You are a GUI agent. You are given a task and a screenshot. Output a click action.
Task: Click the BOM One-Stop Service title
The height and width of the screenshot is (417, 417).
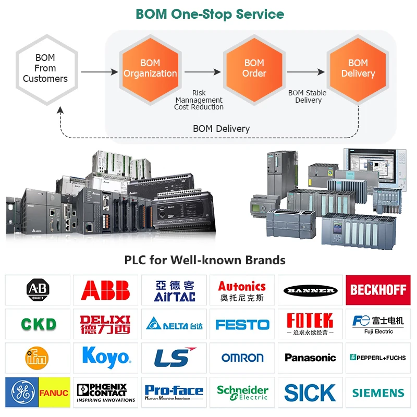click(210, 14)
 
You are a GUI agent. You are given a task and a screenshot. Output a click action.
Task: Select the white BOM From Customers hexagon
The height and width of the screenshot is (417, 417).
click(45, 68)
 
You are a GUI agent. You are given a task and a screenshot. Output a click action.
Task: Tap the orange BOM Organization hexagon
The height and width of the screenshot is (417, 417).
click(150, 68)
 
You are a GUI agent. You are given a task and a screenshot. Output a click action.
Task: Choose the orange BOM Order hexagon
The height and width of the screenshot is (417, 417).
click(254, 68)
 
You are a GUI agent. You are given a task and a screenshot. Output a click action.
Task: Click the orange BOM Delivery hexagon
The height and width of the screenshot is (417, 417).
click(358, 68)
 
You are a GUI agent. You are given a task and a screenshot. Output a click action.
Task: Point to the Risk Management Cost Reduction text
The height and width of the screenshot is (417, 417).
click(199, 100)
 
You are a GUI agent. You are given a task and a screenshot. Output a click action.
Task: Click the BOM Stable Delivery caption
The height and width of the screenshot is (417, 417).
click(308, 96)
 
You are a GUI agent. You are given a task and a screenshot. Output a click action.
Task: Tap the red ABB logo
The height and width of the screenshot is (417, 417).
click(105, 290)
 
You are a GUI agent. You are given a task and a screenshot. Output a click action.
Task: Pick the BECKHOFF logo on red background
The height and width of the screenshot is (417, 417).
click(378, 290)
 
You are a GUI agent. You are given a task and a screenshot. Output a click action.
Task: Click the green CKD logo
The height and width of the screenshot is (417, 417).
click(38, 324)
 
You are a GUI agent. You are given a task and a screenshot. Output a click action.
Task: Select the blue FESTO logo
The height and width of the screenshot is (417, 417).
click(242, 325)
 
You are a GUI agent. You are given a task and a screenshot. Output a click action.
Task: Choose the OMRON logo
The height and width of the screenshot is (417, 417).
click(242, 358)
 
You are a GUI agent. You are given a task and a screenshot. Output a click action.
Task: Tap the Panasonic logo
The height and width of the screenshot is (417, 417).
click(310, 358)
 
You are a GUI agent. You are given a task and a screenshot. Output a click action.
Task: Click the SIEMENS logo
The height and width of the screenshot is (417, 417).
click(378, 393)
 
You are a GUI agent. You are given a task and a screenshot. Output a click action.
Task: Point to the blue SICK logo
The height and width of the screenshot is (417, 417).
click(310, 393)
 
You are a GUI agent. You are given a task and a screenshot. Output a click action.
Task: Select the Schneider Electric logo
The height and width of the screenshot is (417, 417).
click(242, 393)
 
